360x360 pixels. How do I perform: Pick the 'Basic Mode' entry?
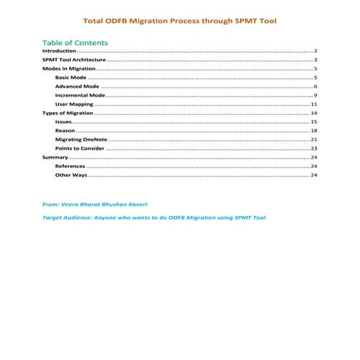71,77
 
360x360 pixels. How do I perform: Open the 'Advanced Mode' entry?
77,87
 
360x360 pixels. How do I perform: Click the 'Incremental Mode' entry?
80,95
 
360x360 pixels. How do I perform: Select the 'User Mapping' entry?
74,105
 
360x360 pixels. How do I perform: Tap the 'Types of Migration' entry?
68,113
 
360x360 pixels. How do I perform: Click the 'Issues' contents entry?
63,122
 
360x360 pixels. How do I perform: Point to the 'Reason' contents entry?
65,131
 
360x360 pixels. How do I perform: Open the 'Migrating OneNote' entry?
81,140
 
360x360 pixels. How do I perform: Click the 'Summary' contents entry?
55,157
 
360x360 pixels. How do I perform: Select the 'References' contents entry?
70,167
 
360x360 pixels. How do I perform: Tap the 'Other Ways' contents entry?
71,175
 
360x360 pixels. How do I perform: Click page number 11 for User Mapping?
313,105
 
